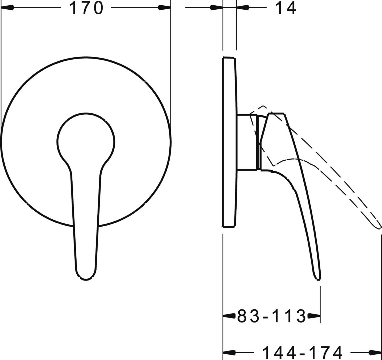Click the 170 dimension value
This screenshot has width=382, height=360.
tap(86, 8)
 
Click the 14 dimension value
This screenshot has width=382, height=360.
tap(286, 8)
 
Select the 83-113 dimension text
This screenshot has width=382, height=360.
tap(271, 316)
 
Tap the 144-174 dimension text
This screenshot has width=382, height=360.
tap(302, 352)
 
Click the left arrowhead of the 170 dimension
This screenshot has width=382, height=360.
tap(7, 8)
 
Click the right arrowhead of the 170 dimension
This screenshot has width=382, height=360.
tap(164, 8)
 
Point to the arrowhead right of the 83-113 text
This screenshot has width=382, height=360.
tap(314, 316)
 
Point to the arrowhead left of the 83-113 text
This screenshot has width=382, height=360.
tap(229, 316)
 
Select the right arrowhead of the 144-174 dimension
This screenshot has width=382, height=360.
tap(375, 352)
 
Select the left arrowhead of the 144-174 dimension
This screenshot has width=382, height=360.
tap(229, 352)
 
